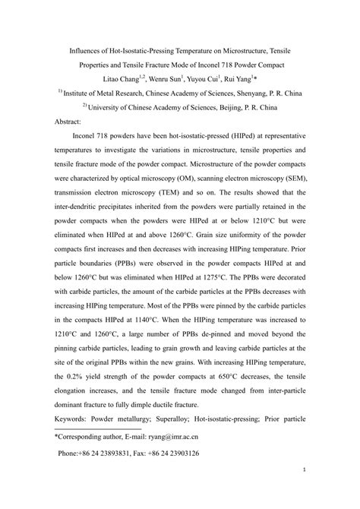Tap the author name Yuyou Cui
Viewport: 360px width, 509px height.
(203, 79)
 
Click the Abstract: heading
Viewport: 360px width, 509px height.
(73, 122)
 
